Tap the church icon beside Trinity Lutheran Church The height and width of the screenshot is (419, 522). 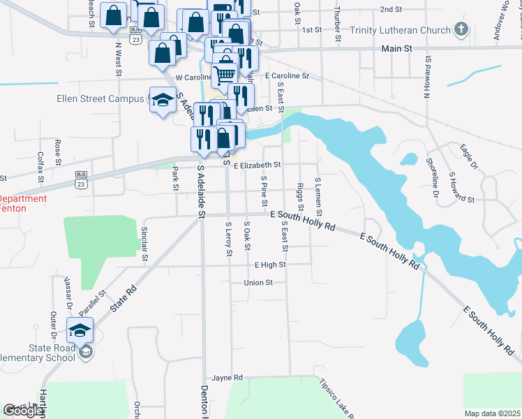click(x=460, y=29)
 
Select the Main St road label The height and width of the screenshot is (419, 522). click(x=398, y=49)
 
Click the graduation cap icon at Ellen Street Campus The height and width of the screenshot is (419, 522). click(x=162, y=99)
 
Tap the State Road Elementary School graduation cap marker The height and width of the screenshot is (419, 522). click(x=80, y=329)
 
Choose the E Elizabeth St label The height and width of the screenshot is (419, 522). click(x=257, y=166)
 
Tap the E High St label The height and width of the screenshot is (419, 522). click(x=270, y=265)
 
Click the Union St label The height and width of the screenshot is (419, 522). click(x=258, y=283)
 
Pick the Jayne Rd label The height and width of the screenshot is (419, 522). click(x=228, y=377)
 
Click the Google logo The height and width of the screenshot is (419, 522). click(x=24, y=411)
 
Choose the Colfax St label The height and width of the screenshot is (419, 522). click(x=41, y=167)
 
